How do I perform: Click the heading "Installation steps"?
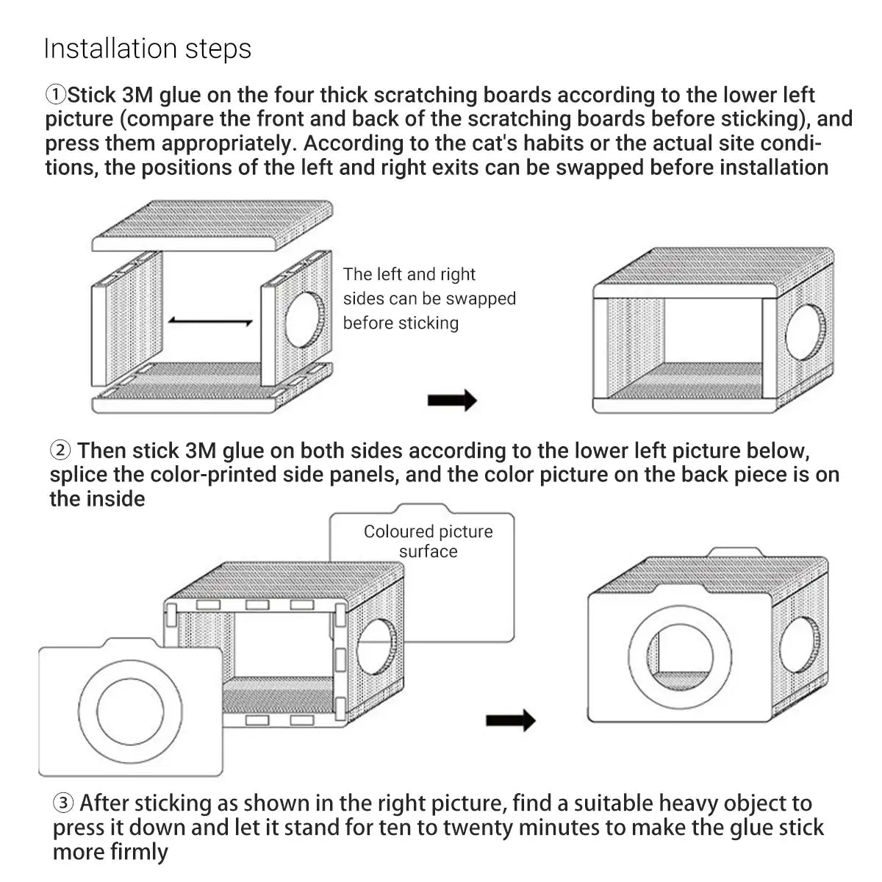[x=148, y=49]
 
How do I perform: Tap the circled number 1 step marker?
[x=56, y=95]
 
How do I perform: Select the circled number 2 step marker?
[x=60, y=450]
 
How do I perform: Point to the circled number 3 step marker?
[x=63, y=803]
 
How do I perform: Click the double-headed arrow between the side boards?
[x=210, y=321]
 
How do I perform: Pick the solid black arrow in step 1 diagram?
[x=452, y=401]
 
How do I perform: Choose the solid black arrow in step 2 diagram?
[x=510, y=720]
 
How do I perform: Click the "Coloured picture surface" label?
[x=428, y=541]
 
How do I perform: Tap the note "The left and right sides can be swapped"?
[x=429, y=298]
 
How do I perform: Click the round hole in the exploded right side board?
[x=304, y=320]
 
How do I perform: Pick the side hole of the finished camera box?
[x=798, y=647]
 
